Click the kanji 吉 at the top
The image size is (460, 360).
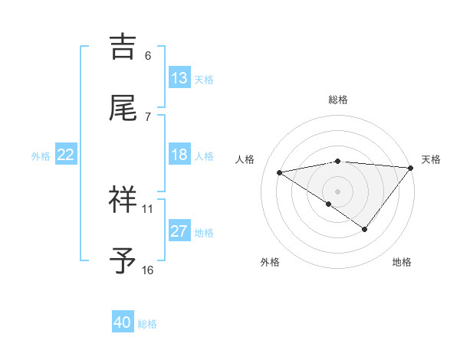coord(123,47)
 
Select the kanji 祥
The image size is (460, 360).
coord(123,198)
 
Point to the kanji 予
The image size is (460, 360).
coord(123,260)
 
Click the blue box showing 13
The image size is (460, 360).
coord(179,78)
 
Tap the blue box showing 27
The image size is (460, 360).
coord(179,231)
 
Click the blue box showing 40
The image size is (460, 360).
coord(123,323)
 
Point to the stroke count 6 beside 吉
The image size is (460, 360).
coord(148,56)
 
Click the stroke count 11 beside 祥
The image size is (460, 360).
coord(148,208)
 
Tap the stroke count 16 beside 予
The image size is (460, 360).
coord(148,270)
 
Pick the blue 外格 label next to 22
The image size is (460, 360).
coord(41,156)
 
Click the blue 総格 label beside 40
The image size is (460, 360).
coord(147,324)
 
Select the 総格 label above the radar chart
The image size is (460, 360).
coord(338,100)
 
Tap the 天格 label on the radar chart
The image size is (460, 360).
coord(431,159)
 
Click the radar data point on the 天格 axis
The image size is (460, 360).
coord(411,167)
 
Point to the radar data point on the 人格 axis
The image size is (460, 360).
coord(279,172)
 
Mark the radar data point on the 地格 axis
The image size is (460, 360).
coord(365,229)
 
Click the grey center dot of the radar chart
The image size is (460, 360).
coord(337,191)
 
